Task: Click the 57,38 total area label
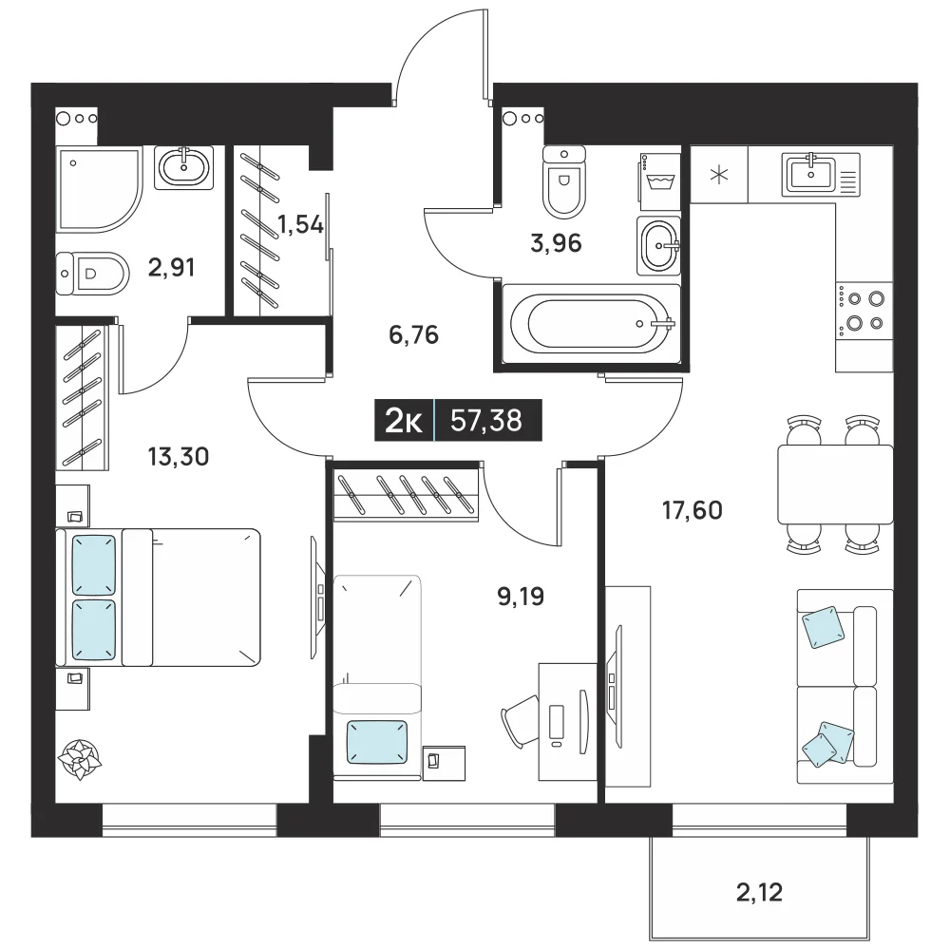485,420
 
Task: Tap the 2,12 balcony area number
759,892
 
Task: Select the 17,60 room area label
692,510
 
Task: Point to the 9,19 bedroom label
521,597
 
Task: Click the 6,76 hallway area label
414,335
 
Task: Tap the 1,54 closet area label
300,225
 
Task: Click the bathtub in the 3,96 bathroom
592,324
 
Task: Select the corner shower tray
99,188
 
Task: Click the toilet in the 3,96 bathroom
564,181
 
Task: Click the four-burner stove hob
864,311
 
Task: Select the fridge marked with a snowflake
719,175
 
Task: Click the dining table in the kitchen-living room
835,484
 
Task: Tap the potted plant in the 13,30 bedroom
80,759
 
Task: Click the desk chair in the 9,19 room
521,722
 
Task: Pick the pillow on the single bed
377,742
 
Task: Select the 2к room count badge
404,420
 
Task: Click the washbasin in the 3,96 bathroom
658,245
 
